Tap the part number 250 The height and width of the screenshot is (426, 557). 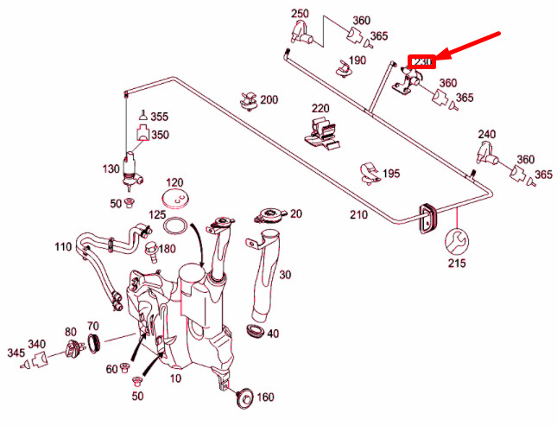tap(300, 14)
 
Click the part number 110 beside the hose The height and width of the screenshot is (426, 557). tap(63, 247)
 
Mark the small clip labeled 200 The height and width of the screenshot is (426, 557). tap(249, 100)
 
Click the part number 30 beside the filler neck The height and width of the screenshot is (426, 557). tap(285, 275)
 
